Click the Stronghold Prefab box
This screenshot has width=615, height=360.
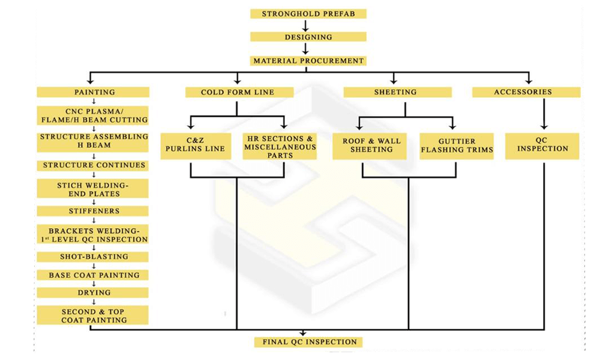308,13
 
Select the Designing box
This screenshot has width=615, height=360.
308,37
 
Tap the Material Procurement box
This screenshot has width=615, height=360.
308,61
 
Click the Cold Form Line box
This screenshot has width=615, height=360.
238,92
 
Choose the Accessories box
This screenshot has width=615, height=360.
526,92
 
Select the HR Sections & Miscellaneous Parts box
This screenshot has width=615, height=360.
280,146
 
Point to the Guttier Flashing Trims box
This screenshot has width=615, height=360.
457,146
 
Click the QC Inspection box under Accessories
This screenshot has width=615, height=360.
542,145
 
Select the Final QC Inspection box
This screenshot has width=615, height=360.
309,342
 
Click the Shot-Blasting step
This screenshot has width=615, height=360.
93,257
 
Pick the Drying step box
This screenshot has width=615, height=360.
93,293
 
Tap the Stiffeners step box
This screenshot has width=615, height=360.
93,211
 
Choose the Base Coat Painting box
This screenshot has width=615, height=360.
93,275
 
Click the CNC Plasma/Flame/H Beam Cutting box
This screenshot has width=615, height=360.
93,116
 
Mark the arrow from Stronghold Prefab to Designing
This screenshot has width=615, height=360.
306,25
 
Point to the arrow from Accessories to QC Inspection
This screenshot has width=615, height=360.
544,115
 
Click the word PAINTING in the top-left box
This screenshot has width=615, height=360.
94,92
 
